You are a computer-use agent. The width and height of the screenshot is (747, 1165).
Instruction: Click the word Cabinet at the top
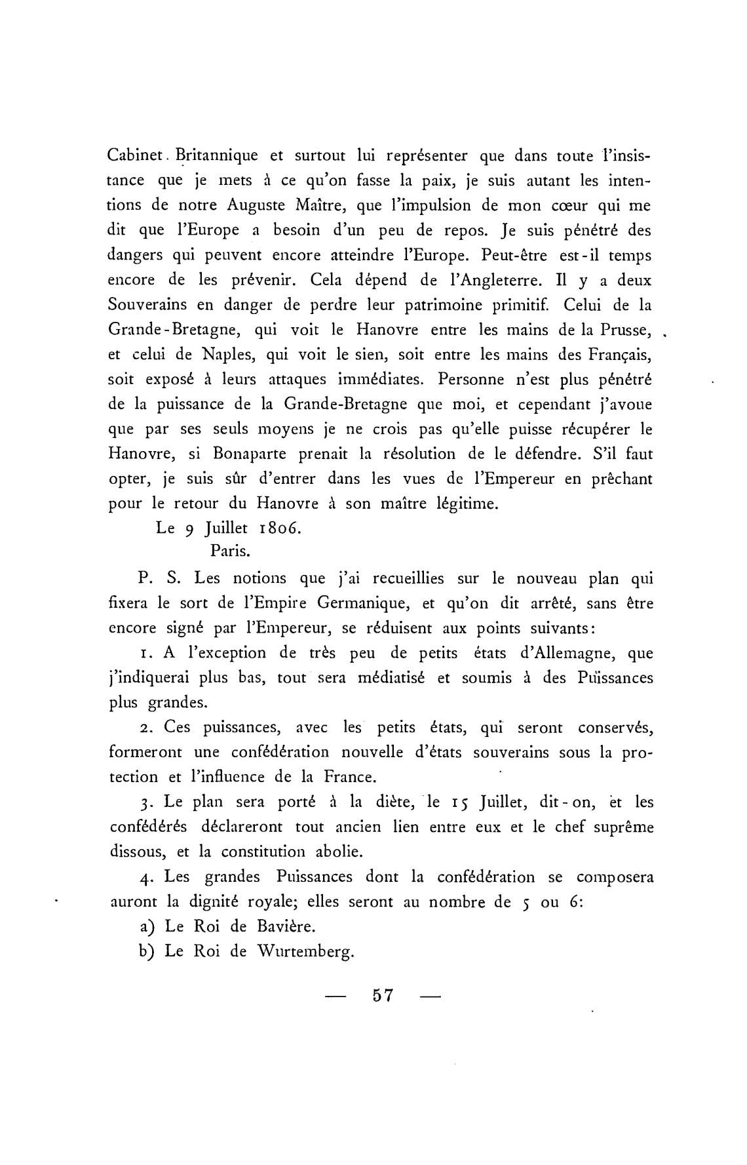pos(132,157)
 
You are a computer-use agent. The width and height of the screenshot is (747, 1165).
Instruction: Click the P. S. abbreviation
pos(155,579)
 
